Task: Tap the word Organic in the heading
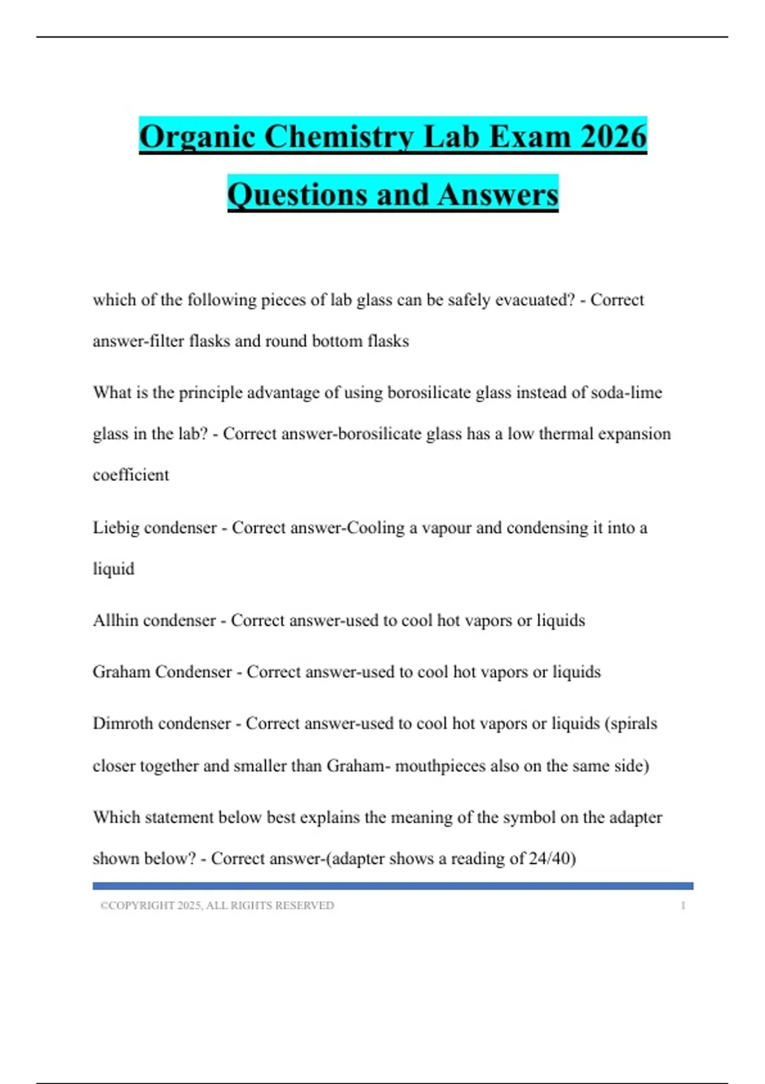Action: click(x=197, y=138)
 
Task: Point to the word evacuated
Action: click(x=535, y=300)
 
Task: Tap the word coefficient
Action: click(x=131, y=475)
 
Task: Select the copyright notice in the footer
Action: click(x=217, y=905)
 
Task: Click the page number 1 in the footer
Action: click(x=683, y=905)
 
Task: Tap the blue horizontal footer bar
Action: click(x=393, y=886)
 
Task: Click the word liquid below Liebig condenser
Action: click(x=113, y=569)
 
